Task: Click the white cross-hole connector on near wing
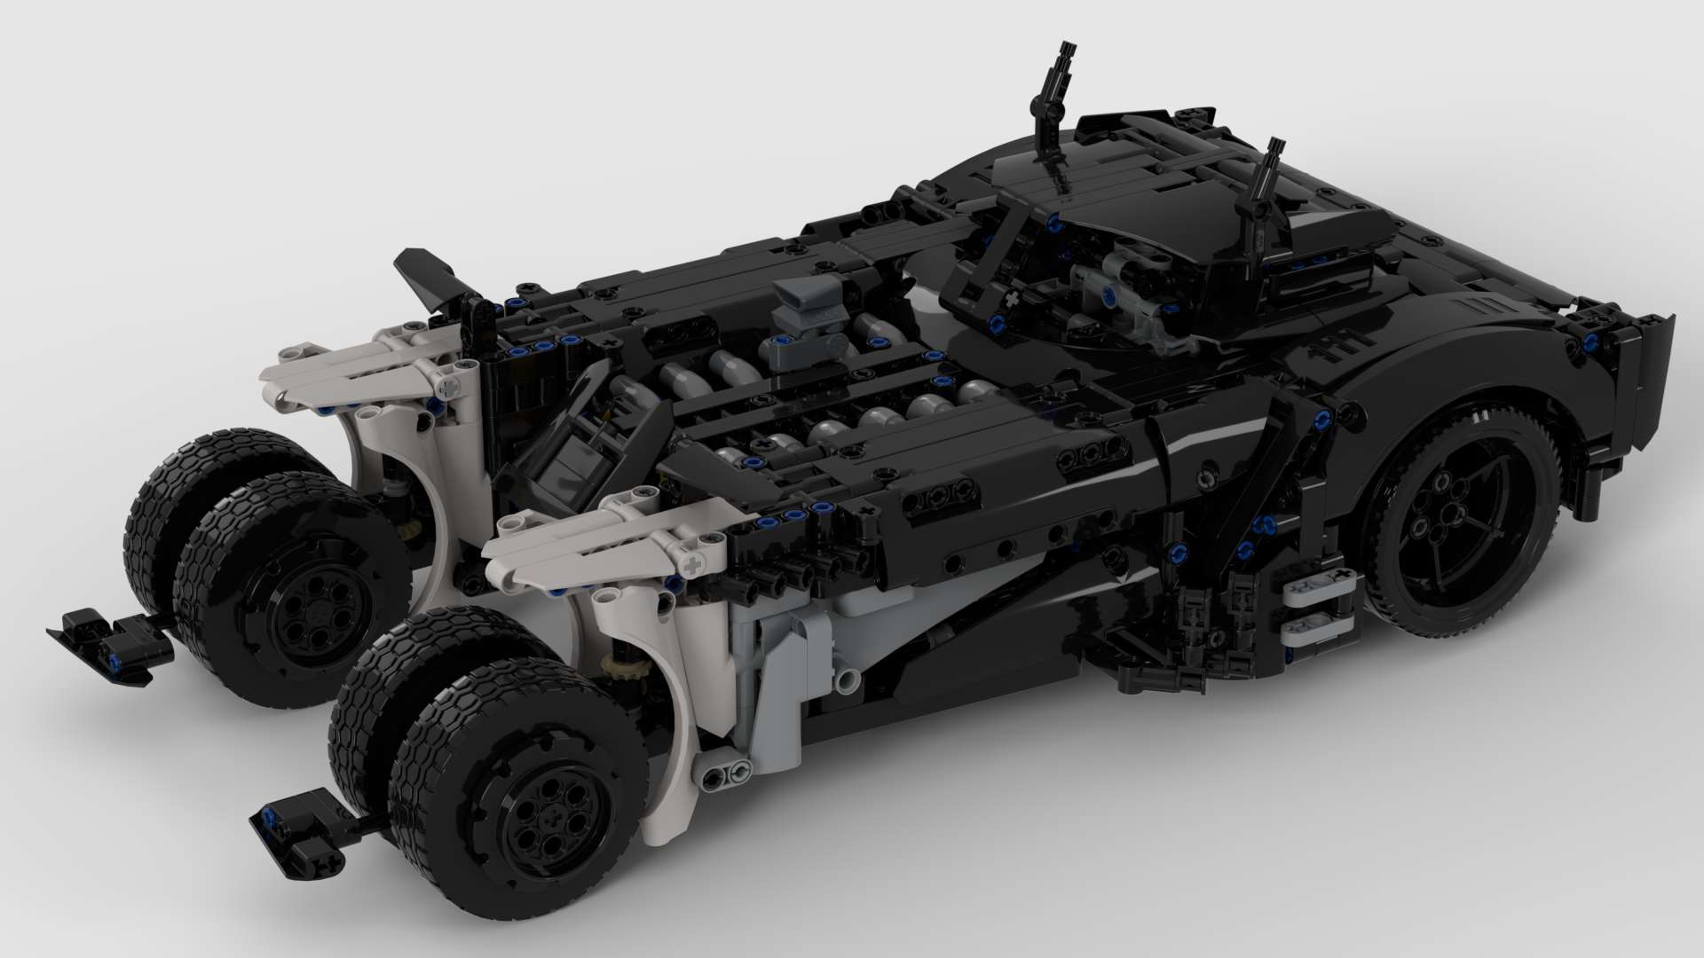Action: pos(693,564)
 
